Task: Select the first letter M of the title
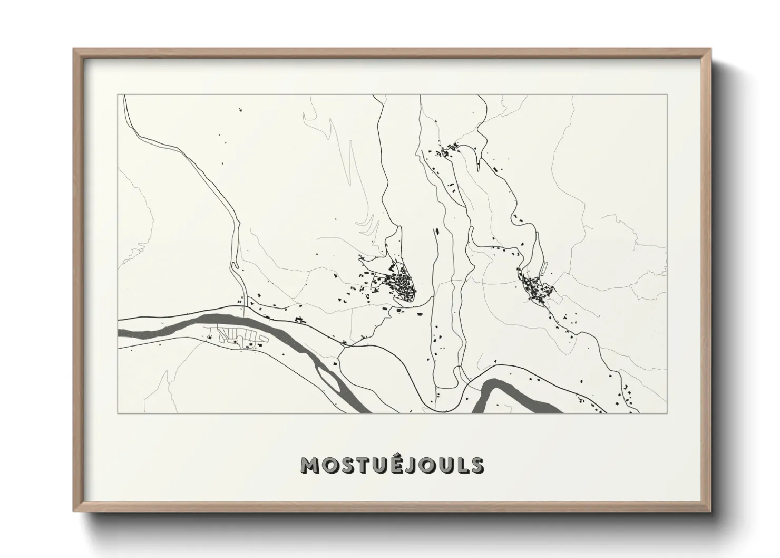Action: [310, 465]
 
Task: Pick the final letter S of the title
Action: [477, 465]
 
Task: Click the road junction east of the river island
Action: [344, 347]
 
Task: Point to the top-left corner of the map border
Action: [118, 95]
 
